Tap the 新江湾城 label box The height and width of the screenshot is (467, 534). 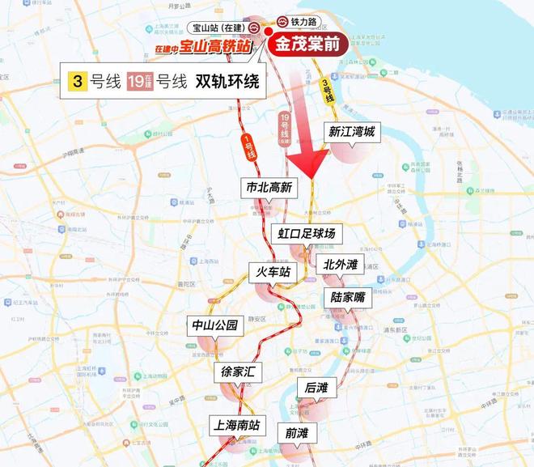351,132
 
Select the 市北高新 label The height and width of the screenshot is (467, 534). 269,187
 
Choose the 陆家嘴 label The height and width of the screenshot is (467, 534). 348,297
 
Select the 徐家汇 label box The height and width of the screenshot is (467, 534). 239,372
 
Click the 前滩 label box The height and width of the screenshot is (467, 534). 297,433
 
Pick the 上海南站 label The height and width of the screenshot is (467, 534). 236,424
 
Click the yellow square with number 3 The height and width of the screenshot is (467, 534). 78,82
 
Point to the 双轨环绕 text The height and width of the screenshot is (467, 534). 230,82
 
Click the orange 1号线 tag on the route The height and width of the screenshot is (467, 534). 250,146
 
